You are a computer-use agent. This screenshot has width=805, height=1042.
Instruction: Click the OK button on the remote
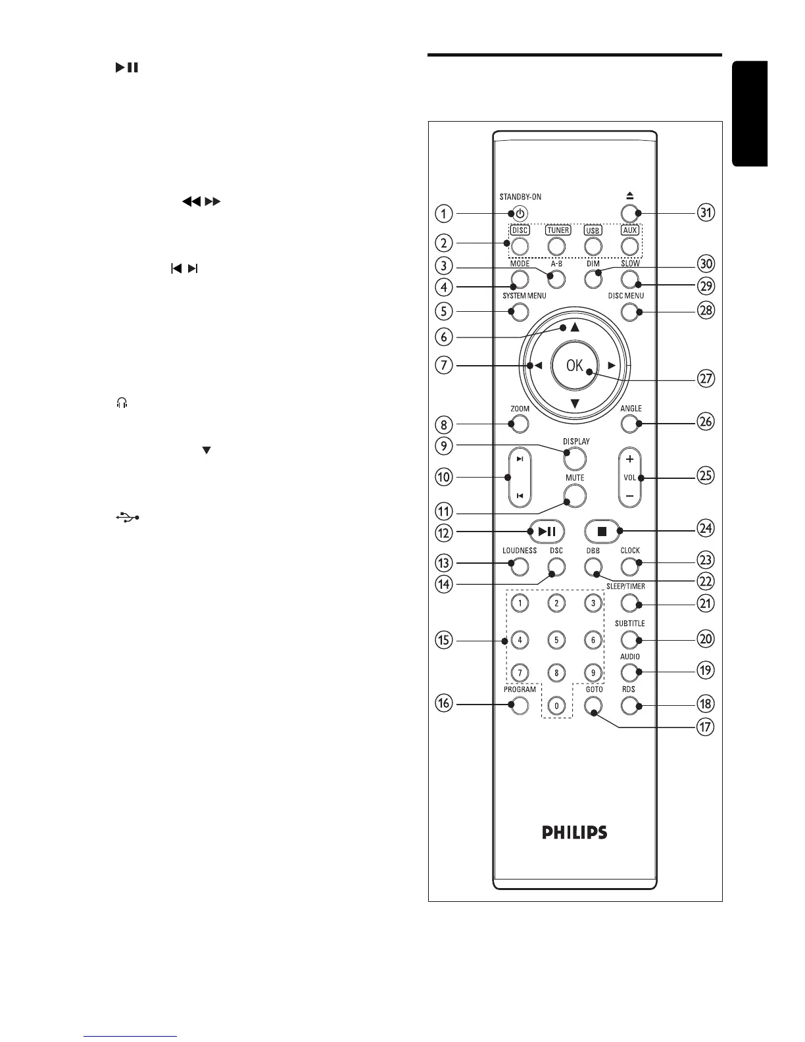[575, 366]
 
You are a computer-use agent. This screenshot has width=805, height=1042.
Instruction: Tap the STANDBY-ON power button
[520, 213]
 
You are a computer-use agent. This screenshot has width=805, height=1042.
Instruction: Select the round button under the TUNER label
[556, 246]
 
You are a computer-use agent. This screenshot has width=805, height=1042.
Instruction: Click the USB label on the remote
[593, 231]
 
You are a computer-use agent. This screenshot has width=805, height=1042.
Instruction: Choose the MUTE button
[574, 495]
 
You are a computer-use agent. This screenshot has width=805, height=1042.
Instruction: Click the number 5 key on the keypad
[556, 639]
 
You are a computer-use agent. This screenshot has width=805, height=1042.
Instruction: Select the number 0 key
[556, 706]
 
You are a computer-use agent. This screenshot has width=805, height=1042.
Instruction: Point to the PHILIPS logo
[574, 832]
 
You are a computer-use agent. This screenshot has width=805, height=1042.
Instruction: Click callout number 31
[706, 212]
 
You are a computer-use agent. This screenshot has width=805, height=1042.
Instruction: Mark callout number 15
[444, 640]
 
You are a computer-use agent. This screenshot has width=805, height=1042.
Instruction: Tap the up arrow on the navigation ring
[574, 327]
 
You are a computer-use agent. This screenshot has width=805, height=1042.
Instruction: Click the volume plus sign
[629, 459]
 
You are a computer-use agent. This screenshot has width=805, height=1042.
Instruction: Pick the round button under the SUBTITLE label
[629, 639]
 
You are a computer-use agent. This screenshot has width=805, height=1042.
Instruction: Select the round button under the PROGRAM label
[520, 706]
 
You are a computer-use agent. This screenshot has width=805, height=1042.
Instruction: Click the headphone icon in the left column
[120, 403]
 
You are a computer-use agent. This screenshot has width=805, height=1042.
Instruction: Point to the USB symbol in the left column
[127, 518]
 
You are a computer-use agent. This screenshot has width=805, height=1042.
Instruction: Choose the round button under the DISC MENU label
[629, 312]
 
